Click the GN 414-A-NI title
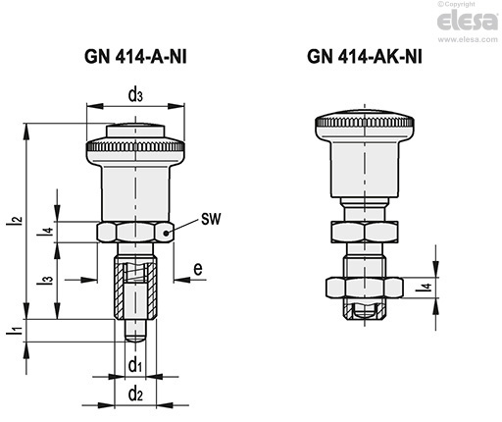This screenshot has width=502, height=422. [x=135, y=57]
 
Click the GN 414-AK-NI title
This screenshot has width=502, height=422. [x=365, y=56]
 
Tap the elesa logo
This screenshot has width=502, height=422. [x=468, y=21]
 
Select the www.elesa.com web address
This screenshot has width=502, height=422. [x=468, y=39]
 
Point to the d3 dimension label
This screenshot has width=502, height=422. [x=135, y=95]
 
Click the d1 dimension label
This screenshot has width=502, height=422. [x=135, y=365]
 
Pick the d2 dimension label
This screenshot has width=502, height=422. [x=135, y=394]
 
